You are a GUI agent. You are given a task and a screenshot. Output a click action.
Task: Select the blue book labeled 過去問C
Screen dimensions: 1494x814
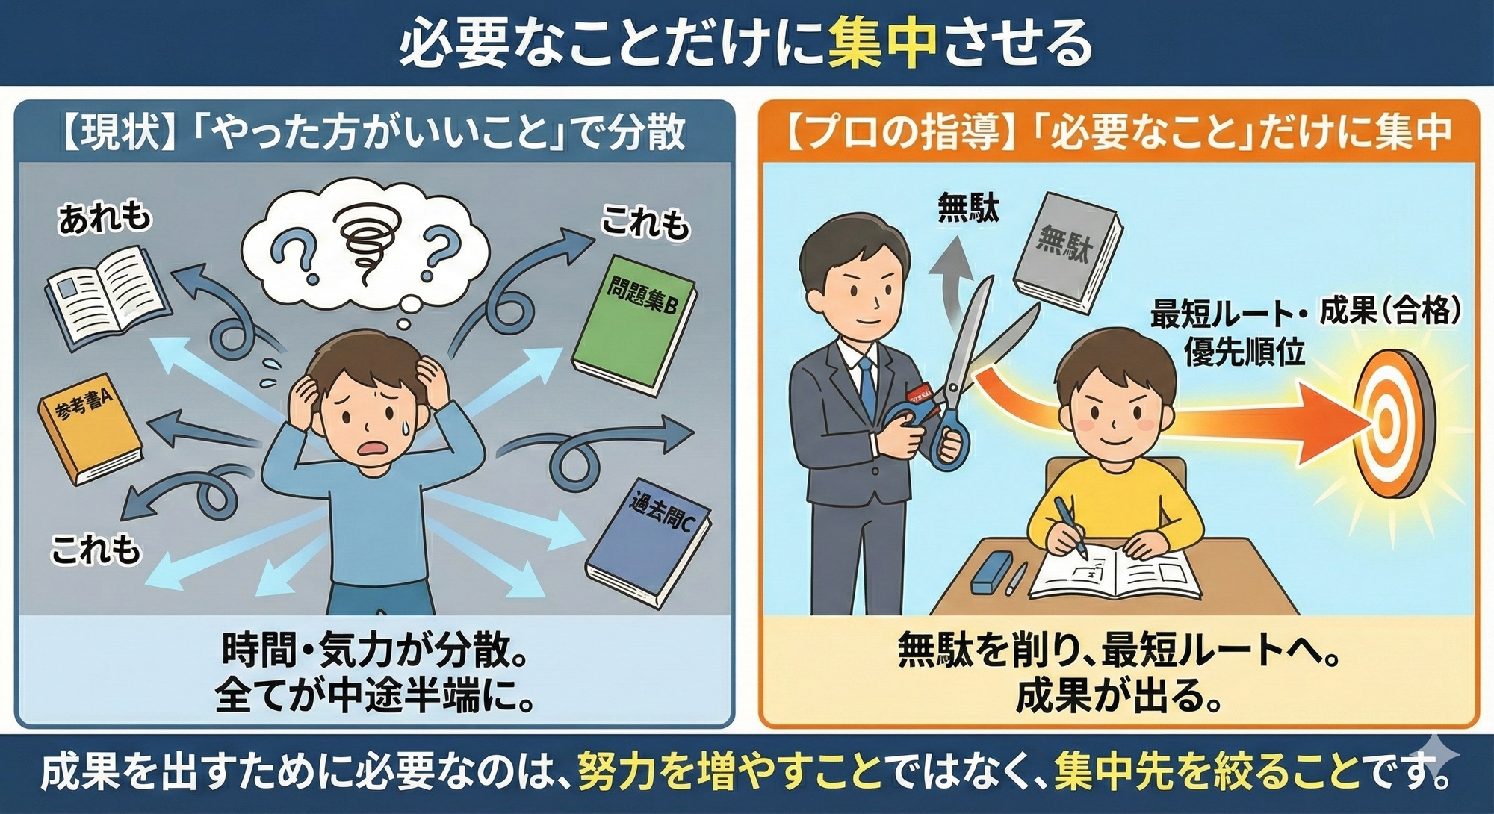point(648,542)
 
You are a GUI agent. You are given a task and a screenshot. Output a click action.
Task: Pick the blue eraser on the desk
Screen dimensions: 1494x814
point(992,572)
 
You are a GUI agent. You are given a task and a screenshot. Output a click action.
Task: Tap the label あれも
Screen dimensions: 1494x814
point(105,218)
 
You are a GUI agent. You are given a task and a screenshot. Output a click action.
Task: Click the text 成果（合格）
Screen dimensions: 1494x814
point(1390,311)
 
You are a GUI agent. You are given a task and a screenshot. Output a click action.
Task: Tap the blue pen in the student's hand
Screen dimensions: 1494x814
point(1069,526)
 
